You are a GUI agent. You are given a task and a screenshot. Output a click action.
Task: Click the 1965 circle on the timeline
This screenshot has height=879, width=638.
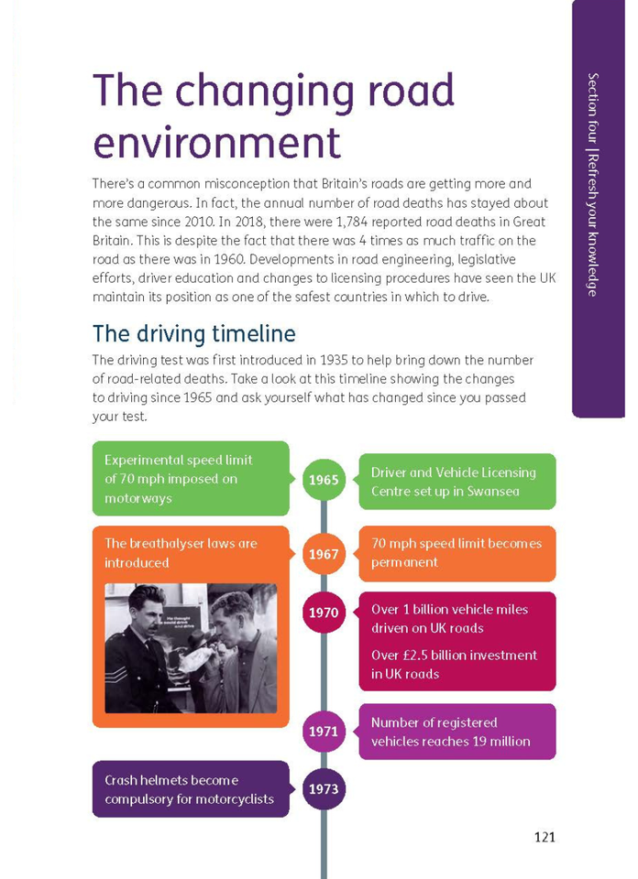pos(324,480)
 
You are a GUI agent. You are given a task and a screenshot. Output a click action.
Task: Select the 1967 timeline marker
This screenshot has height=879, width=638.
pos(324,554)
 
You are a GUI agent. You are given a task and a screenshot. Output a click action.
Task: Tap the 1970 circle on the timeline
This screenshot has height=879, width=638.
pos(324,613)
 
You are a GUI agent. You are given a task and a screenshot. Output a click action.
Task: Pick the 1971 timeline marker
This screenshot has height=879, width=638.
pos(324,732)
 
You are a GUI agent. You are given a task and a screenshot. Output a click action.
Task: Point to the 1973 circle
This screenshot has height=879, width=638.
pos(324,788)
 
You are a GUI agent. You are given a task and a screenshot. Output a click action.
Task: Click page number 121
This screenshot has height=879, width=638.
pos(544,836)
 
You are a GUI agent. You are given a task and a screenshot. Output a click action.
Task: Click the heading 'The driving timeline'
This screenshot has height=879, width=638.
pos(194,332)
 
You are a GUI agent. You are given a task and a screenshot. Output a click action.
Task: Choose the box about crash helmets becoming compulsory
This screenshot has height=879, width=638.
pos(190,788)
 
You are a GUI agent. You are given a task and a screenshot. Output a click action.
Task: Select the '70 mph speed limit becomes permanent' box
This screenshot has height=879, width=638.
pos(456,553)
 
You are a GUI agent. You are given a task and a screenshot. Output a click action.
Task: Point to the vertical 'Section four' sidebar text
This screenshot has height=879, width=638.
pos(593,183)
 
